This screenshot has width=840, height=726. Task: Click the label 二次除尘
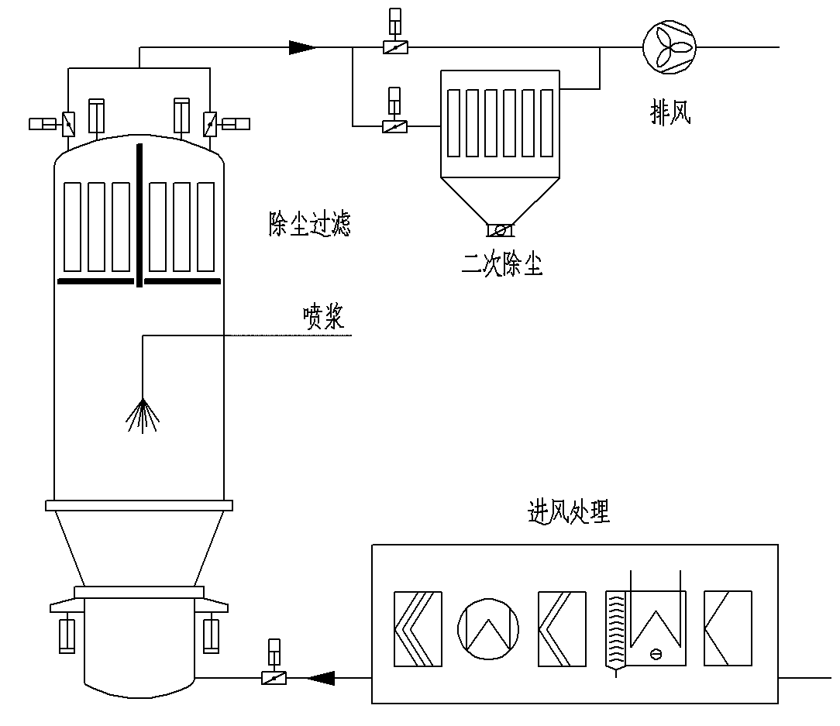point(501,266)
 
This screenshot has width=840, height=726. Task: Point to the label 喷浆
point(323,317)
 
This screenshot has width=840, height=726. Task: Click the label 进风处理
point(567,512)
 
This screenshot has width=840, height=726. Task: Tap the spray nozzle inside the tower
point(143,415)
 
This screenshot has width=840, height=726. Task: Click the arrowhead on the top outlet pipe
point(302,47)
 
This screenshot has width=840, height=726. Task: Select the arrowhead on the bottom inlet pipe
point(320,679)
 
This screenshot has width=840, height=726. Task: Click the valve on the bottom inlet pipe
point(273,679)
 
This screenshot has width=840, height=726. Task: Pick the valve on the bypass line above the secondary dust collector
point(395,47)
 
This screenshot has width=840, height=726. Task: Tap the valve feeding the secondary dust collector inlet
point(395,126)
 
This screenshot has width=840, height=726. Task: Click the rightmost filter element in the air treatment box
point(727,628)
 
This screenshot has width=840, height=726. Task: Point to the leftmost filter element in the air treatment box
point(418,628)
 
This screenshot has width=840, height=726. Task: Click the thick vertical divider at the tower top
point(139,213)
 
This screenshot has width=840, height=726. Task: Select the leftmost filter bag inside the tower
point(72,226)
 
